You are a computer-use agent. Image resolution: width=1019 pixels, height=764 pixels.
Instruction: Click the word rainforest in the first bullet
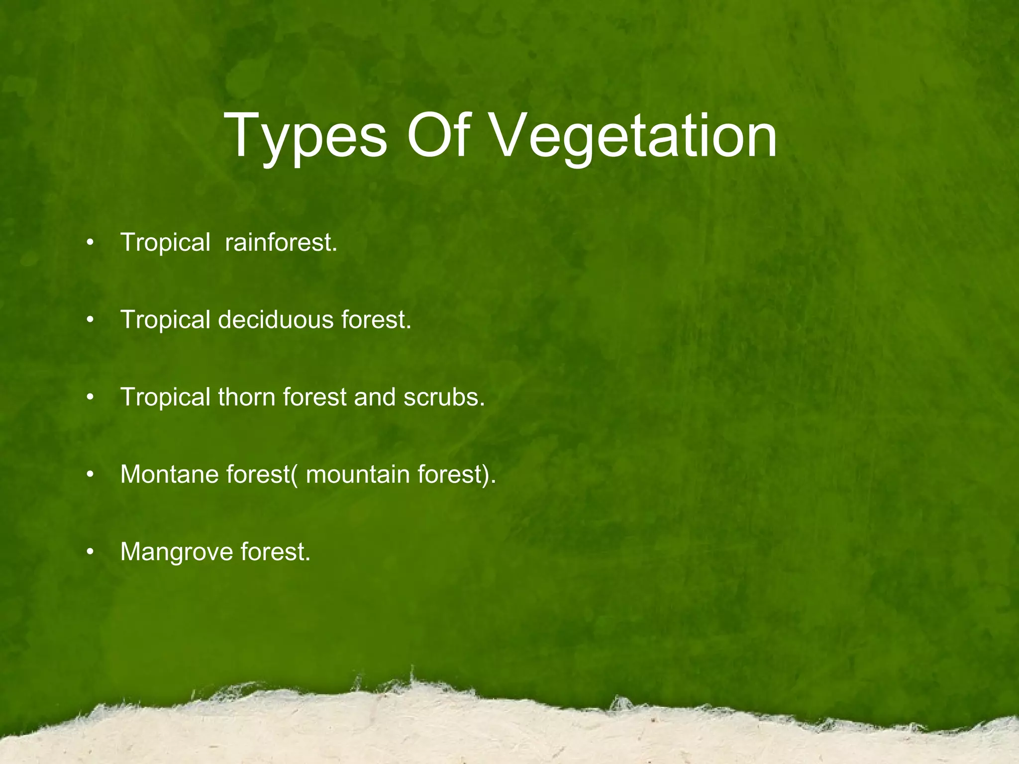point(281,243)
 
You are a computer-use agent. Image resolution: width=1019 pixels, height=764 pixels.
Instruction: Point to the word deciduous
point(276,320)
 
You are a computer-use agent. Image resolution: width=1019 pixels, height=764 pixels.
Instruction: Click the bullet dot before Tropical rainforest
point(90,244)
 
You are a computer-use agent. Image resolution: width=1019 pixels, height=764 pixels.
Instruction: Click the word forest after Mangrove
point(275,552)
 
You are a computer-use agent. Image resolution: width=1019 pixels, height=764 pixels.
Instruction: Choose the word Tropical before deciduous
point(165,320)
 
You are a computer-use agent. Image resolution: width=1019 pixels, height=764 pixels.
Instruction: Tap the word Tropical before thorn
point(165,397)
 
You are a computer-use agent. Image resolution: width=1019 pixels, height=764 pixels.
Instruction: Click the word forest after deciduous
point(376,320)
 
